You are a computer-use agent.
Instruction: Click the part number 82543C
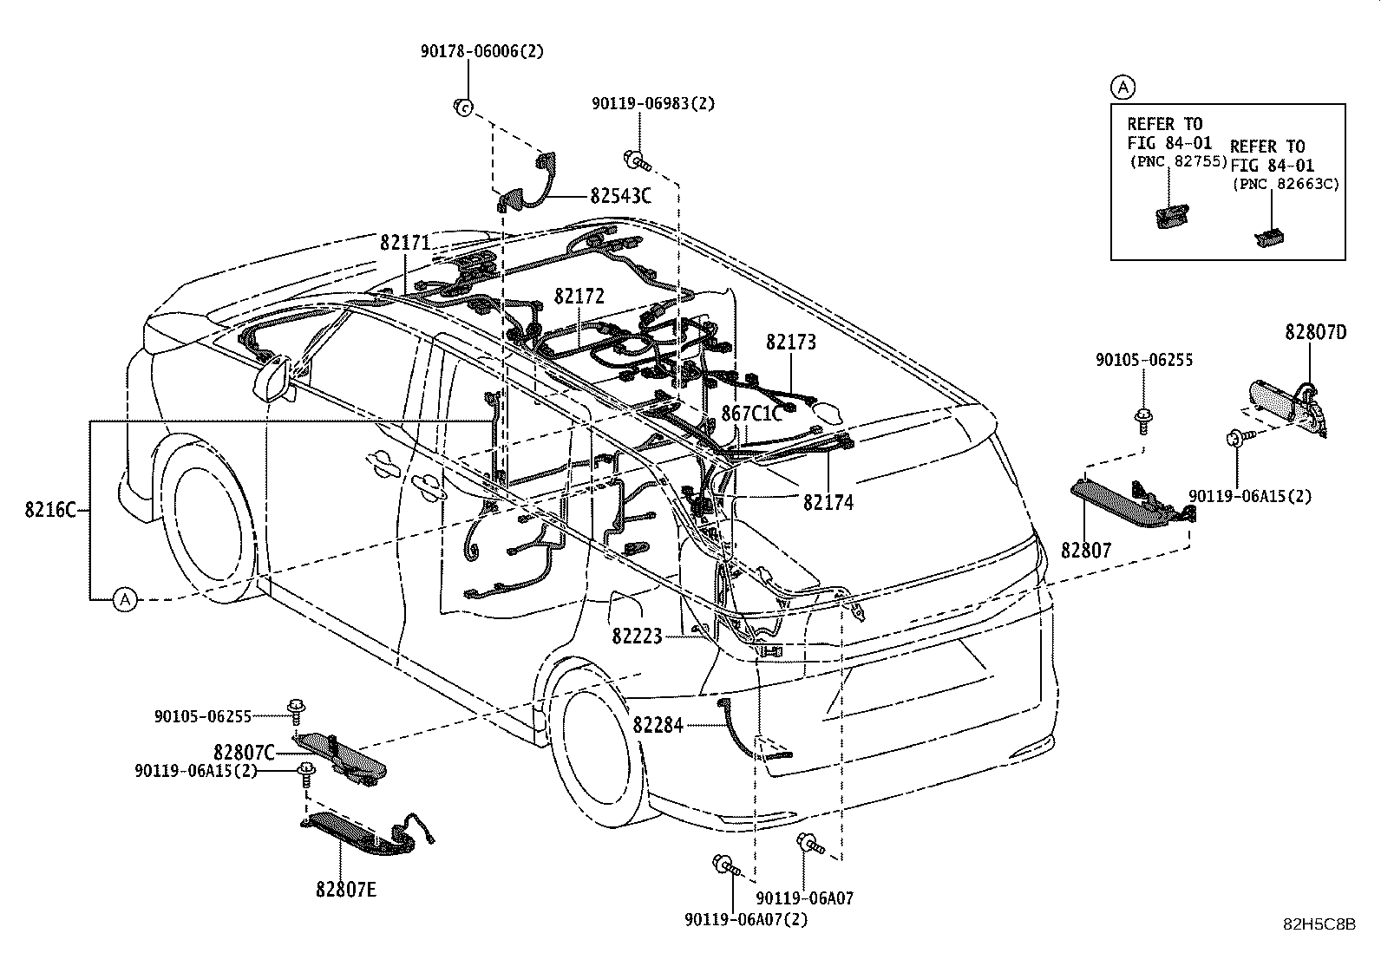coord(620,196)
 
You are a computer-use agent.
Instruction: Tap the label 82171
coord(405,243)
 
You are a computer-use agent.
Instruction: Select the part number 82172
coord(579,297)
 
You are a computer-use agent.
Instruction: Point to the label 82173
coord(791,343)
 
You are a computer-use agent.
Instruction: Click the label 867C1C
coord(751,414)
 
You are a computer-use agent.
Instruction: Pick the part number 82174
coord(828,503)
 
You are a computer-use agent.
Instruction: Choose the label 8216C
coord(50,511)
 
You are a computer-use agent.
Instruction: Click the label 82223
coord(637,636)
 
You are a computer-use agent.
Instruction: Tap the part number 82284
coord(658,726)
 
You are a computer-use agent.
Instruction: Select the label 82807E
coord(346,890)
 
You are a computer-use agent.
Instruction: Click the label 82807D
coord(1316,332)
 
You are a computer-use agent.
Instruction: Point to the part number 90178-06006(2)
coord(482,51)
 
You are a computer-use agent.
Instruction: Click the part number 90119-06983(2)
coord(653,103)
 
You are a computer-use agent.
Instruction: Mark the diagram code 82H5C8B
coord(1319,924)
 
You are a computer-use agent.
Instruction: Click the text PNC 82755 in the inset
coord(1176,161)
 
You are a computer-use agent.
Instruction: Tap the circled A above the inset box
coord(1122,88)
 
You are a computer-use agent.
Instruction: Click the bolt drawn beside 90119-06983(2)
coord(636,161)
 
